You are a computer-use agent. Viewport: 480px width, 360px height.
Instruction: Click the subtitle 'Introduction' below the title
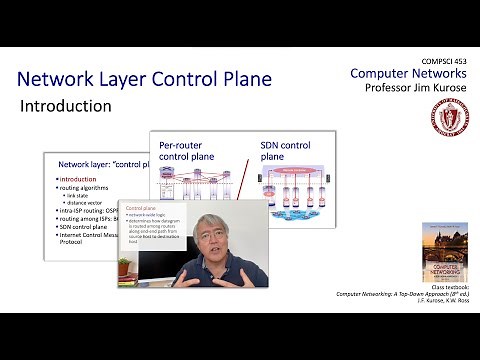[66, 105]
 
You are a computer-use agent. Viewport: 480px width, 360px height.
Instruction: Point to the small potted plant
[124, 267]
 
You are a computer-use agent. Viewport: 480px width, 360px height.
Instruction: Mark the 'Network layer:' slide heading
[88, 164]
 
